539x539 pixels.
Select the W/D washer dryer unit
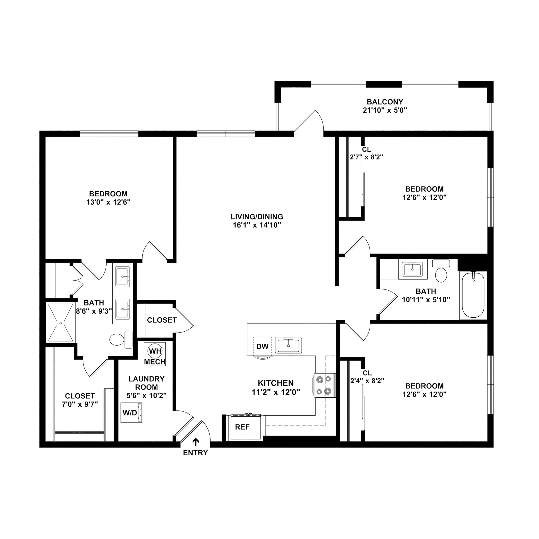[x=131, y=413]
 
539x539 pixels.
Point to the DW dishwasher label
[x=262, y=347]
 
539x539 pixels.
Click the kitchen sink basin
[x=288, y=345]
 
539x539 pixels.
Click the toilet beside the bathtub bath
[x=441, y=275]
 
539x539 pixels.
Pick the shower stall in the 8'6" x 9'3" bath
[x=61, y=322]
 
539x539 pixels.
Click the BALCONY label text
[x=385, y=102]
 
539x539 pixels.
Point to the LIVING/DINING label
[x=257, y=217]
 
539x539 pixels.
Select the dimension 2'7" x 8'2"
[x=366, y=157]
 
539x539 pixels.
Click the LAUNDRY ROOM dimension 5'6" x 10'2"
[x=147, y=395]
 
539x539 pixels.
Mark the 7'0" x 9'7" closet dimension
[x=80, y=404]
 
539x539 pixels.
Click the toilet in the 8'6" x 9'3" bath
[x=117, y=340]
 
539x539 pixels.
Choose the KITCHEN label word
[x=276, y=383]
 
